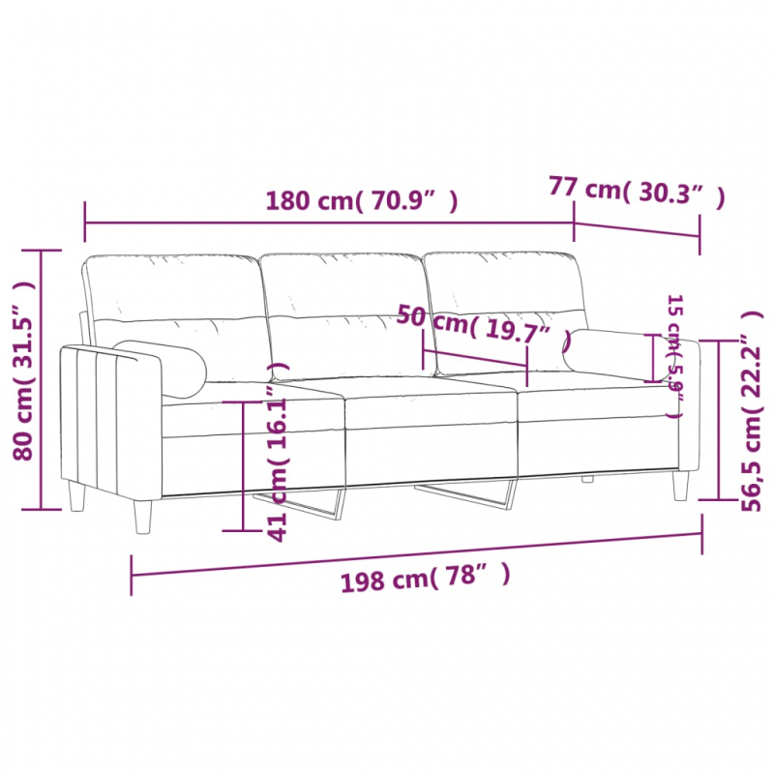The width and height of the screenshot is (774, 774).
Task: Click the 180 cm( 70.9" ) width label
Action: tap(362, 201)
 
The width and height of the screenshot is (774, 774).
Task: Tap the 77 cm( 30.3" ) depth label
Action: tap(636, 190)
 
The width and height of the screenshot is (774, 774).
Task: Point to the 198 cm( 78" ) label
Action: tap(425, 579)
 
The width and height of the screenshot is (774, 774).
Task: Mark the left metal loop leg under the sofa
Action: tap(310, 503)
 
